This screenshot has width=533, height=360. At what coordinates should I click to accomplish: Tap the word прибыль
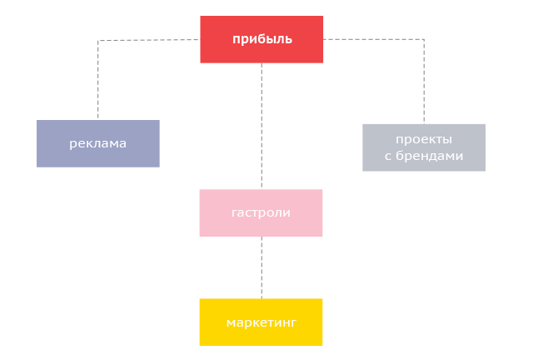click(x=262, y=38)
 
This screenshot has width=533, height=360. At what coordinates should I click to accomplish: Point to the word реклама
click(x=97, y=143)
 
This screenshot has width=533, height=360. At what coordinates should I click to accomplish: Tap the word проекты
click(x=424, y=139)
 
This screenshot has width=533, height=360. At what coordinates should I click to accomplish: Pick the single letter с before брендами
click(x=388, y=156)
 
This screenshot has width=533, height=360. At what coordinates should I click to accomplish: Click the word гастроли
click(x=261, y=212)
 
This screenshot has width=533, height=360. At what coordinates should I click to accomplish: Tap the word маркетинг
click(x=261, y=322)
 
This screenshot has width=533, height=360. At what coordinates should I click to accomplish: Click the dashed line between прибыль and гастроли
click(x=262, y=125)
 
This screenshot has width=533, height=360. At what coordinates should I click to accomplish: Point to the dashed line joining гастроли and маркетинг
click(x=262, y=267)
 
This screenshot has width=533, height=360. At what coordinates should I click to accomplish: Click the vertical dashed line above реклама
click(x=98, y=79)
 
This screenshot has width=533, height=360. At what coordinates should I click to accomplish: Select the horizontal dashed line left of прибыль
click(x=150, y=40)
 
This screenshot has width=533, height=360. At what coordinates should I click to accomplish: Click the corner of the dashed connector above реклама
click(x=98, y=40)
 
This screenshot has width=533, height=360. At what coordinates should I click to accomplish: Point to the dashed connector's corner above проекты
click(x=424, y=39)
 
